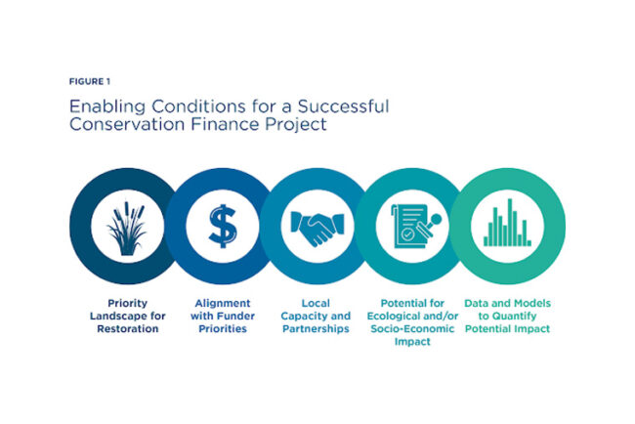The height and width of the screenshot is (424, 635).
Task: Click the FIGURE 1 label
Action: click(90, 81)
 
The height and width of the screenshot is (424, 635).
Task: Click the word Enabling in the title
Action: click(107, 106)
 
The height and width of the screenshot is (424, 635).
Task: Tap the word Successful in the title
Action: click(344, 106)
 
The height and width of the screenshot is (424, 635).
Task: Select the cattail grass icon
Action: click(127, 228)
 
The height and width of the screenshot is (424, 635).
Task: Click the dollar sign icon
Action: click(223, 226)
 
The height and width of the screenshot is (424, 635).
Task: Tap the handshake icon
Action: click(317, 229)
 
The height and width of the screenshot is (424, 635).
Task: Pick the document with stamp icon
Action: click(415, 226)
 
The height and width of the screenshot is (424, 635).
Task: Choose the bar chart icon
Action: click(507, 223)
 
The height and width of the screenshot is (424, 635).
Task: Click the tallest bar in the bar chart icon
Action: click(510, 223)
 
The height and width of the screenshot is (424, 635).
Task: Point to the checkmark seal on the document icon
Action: click(407, 234)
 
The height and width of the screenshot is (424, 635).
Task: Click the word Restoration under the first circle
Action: click(128, 329)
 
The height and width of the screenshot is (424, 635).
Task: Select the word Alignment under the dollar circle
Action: click(223, 303)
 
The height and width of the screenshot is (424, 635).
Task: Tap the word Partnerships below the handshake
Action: click(316, 329)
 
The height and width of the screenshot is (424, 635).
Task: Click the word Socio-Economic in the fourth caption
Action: click(412, 329)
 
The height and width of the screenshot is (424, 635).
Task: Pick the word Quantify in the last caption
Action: click(514, 316)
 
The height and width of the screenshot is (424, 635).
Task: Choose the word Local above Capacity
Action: click(316, 303)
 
